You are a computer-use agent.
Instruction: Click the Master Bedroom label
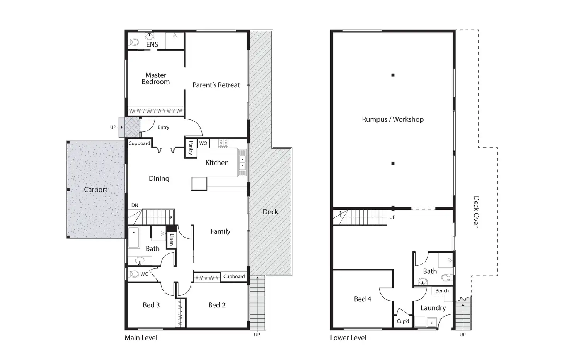155,78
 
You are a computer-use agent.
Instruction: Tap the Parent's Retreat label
216,85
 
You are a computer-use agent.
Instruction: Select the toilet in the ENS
134,42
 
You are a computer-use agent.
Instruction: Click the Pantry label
191,148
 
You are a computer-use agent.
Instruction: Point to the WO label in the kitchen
203,143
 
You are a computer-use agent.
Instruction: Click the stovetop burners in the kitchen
223,143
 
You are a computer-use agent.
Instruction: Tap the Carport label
95,190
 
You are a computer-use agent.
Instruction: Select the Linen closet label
172,240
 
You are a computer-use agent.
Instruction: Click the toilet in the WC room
134,274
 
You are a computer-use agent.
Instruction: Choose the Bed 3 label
151,305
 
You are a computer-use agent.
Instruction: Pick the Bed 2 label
216,305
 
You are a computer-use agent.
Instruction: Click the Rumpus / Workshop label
392,119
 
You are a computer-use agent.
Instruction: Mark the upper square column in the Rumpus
393,75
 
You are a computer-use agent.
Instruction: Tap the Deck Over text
476,212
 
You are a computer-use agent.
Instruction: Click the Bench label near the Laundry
442,291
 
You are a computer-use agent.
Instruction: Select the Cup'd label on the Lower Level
403,321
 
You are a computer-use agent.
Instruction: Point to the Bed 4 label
362,299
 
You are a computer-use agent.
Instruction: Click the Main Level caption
141,338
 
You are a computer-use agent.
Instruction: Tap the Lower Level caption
348,338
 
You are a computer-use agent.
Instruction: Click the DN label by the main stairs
135,205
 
